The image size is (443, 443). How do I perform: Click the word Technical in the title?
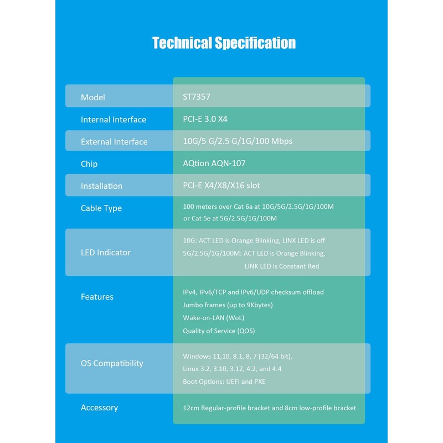point(182,43)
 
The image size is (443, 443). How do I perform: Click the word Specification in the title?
point(255,43)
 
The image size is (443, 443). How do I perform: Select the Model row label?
point(92,97)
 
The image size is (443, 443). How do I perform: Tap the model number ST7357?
point(197,97)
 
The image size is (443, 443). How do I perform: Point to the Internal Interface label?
point(114,120)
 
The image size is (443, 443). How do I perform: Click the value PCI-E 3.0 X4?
point(205,119)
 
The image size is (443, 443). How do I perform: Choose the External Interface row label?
point(114,142)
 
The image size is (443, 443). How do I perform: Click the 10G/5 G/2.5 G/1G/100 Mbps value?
point(238,141)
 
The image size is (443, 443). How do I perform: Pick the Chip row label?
point(89,164)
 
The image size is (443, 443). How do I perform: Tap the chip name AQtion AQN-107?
point(214,163)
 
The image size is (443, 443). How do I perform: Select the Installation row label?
point(101,186)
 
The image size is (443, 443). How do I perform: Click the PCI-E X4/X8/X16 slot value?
point(221,186)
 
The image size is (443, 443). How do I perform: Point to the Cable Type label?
point(101,208)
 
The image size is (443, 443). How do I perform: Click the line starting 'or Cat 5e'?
point(230,218)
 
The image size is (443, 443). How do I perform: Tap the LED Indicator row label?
point(105,253)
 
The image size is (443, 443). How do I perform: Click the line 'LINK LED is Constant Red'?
point(282,266)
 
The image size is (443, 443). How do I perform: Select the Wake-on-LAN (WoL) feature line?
point(213,318)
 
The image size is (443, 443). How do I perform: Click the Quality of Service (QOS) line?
point(219,331)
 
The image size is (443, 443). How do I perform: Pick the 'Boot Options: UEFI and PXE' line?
point(224,382)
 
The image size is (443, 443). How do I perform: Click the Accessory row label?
point(99,408)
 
